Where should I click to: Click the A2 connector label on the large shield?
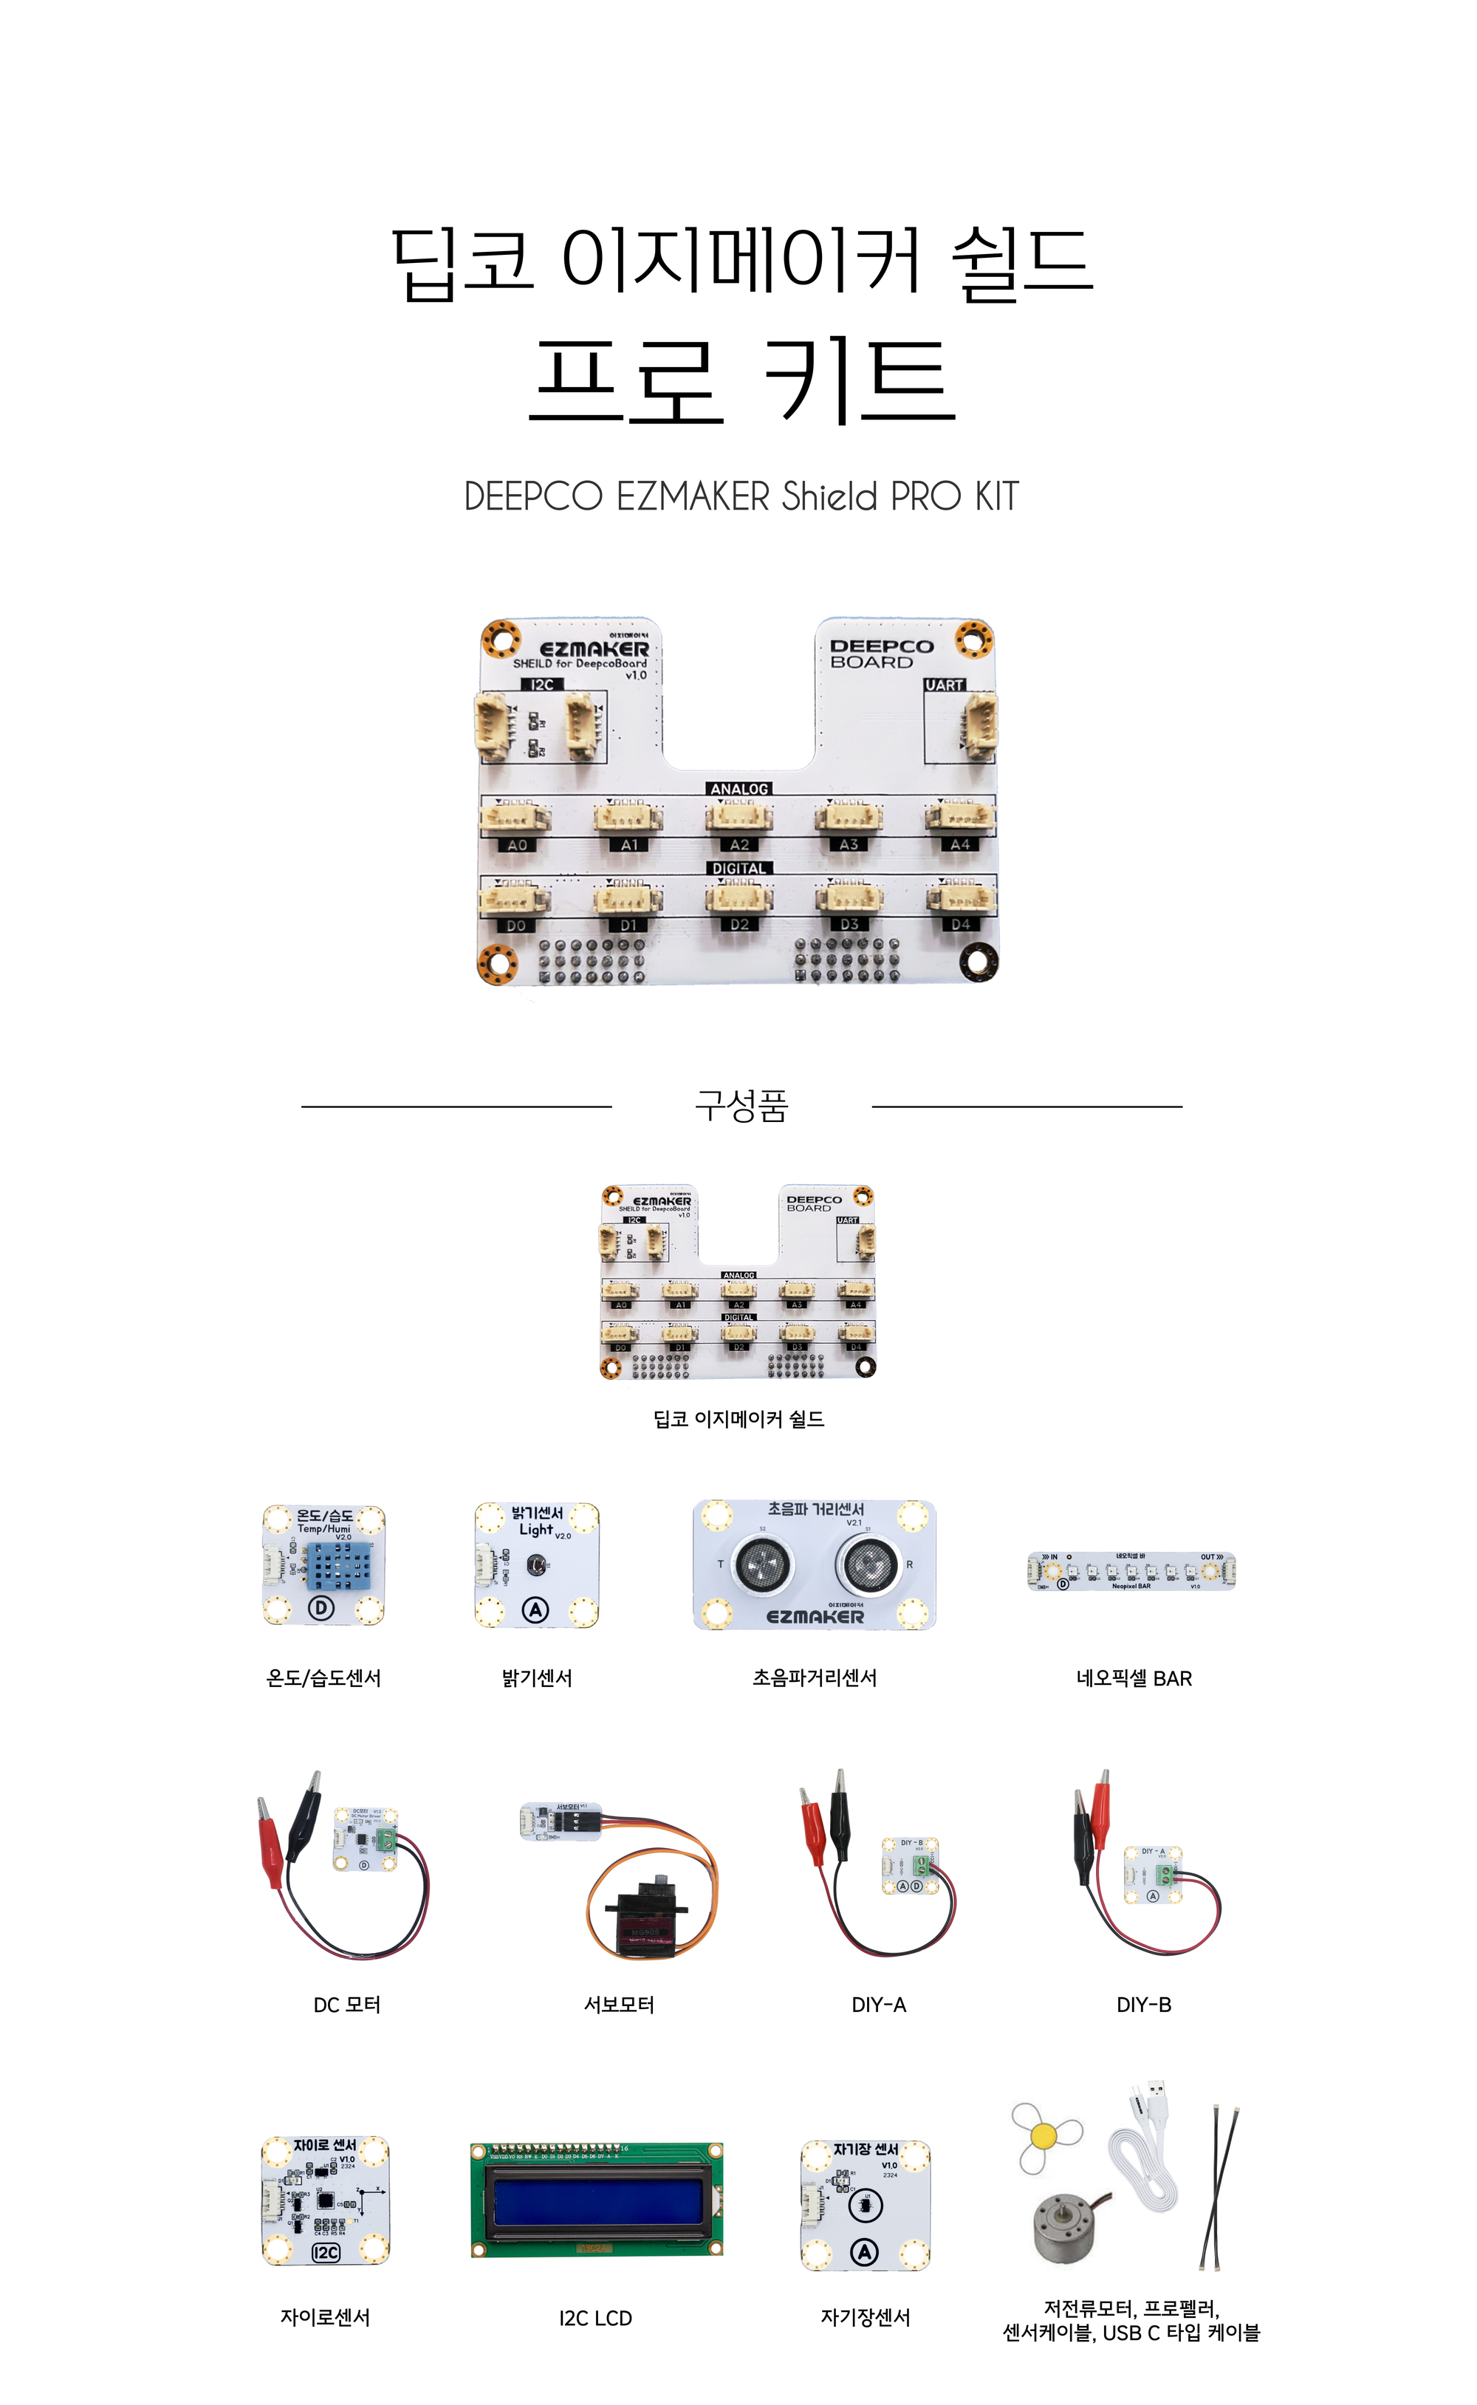click(739, 845)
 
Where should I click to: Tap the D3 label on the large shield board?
click(849, 924)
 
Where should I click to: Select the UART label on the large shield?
click(945, 685)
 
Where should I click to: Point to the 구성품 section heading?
click(741, 1106)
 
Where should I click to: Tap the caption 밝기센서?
click(536, 1678)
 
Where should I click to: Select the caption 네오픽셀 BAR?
click(1133, 1678)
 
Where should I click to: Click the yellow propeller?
click(1044, 2136)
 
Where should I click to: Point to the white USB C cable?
click(1150, 2169)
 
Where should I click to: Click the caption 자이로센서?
click(325, 2317)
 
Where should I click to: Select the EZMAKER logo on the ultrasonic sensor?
click(815, 1617)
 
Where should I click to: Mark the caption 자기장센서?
click(866, 2317)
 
